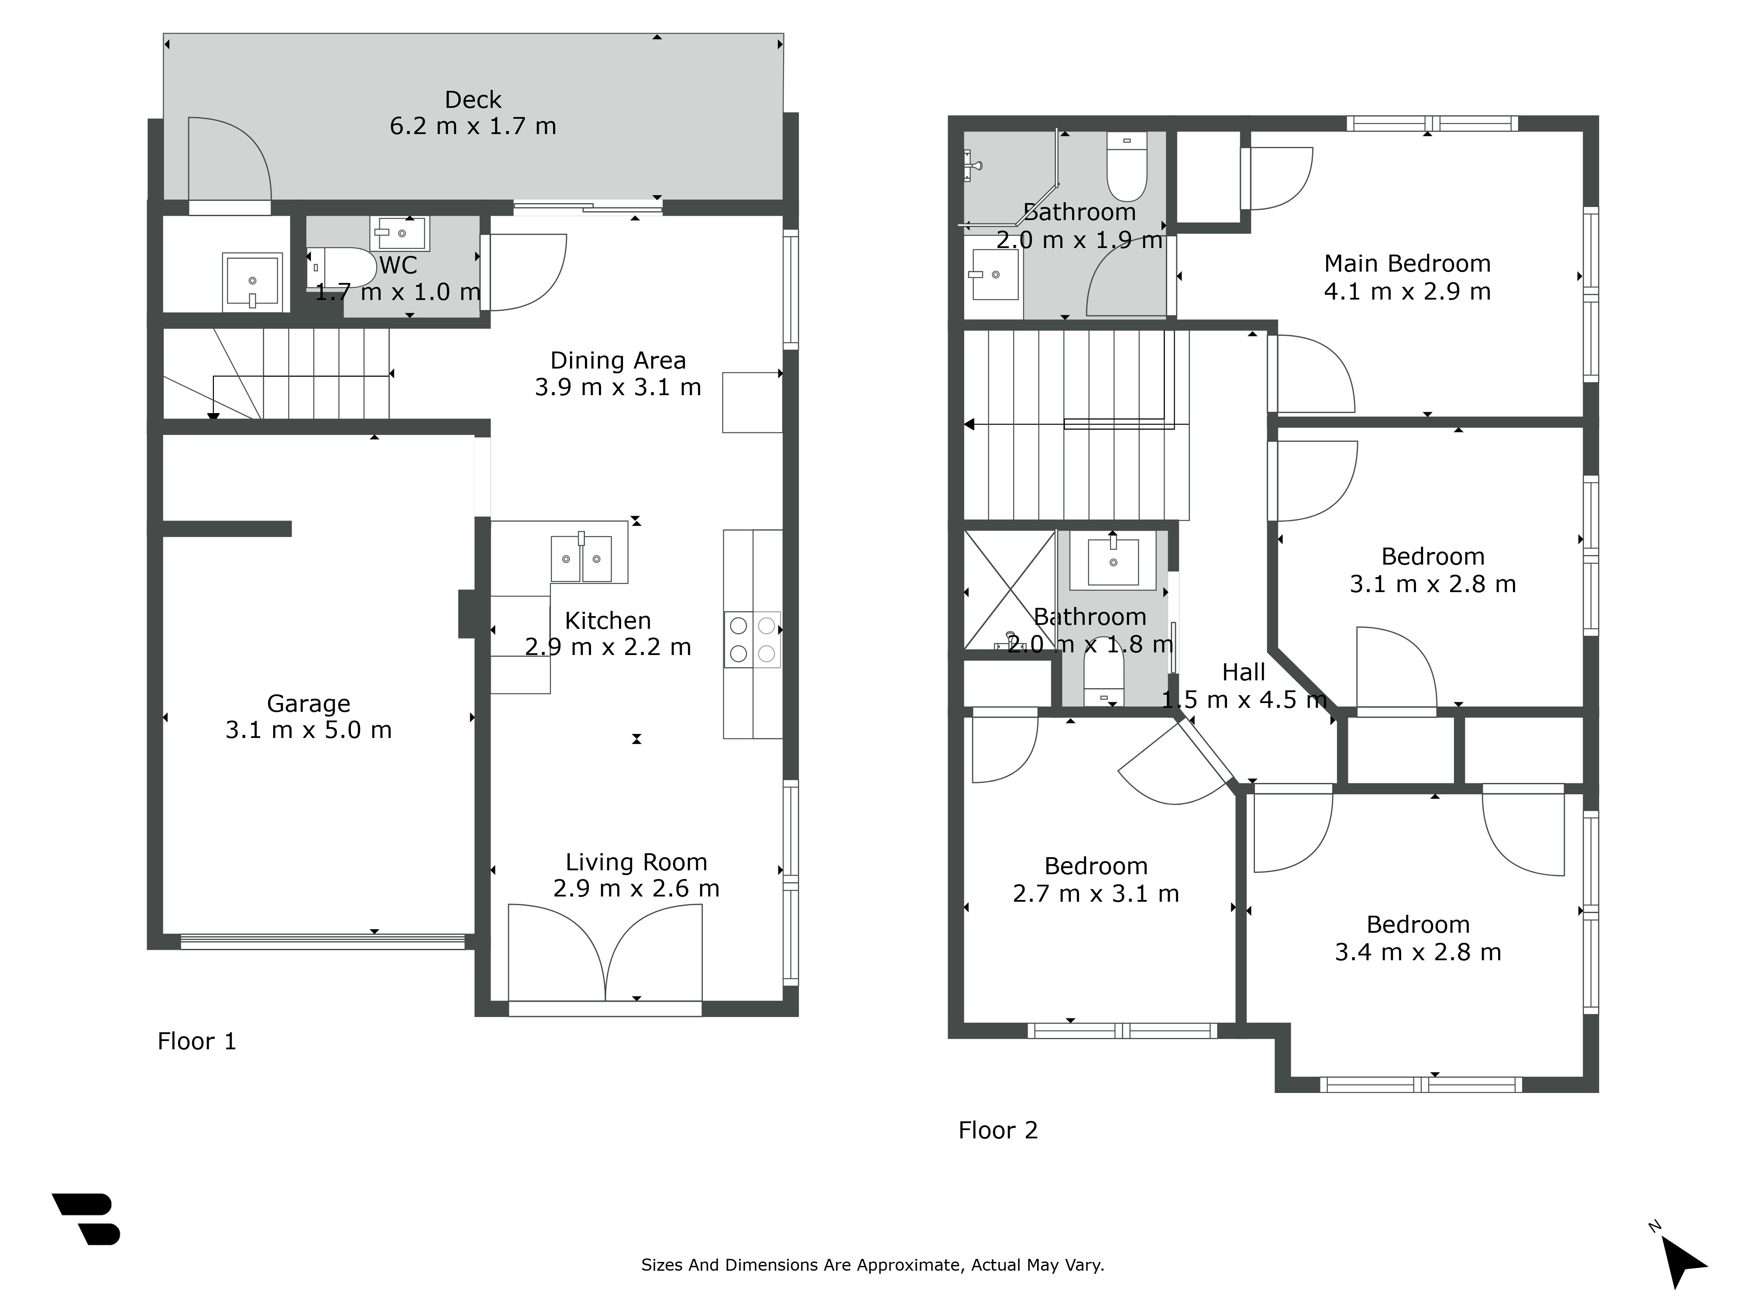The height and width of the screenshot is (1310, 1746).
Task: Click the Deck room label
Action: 473,100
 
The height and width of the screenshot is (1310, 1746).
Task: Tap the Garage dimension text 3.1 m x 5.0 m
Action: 309,730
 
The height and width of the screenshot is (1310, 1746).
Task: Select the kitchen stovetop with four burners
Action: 752,640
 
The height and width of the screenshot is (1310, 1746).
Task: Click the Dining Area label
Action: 618,360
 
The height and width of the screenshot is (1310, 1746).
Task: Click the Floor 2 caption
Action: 998,1130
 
